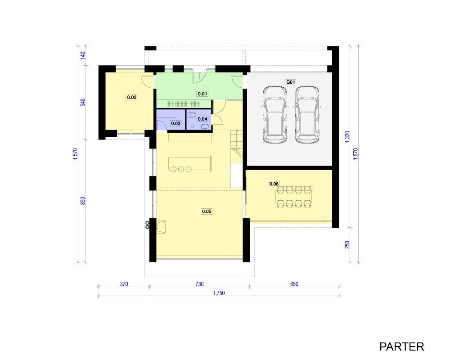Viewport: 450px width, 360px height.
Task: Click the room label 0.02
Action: tap(132, 97)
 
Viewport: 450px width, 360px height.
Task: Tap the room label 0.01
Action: tap(202, 94)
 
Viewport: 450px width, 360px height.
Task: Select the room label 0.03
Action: tap(175, 123)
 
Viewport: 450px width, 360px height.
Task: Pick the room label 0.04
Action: tap(202, 119)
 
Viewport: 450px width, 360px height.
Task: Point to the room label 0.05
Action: tap(207, 211)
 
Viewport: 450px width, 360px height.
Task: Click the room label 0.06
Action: tap(274, 184)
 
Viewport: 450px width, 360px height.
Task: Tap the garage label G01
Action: tap(290, 82)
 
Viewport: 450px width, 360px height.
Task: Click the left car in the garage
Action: tap(274, 115)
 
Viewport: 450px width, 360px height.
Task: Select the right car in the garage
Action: tap(307, 115)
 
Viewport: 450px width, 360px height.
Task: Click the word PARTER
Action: tap(401, 347)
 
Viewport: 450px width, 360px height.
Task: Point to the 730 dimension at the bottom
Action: tap(199, 284)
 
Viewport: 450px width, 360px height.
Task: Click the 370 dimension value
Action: tap(124, 284)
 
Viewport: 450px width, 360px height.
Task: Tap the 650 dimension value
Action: tap(294, 284)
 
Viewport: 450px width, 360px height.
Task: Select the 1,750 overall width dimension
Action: tap(219, 293)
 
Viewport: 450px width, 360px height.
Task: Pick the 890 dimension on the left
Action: tap(83, 201)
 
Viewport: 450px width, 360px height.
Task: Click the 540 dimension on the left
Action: tap(83, 103)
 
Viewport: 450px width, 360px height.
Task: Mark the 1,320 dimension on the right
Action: tap(347, 137)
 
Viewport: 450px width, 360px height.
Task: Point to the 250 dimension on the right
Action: tap(347, 245)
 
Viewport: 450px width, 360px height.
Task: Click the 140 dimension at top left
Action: tap(83, 55)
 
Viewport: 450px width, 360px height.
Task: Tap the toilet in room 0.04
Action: tap(191, 115)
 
